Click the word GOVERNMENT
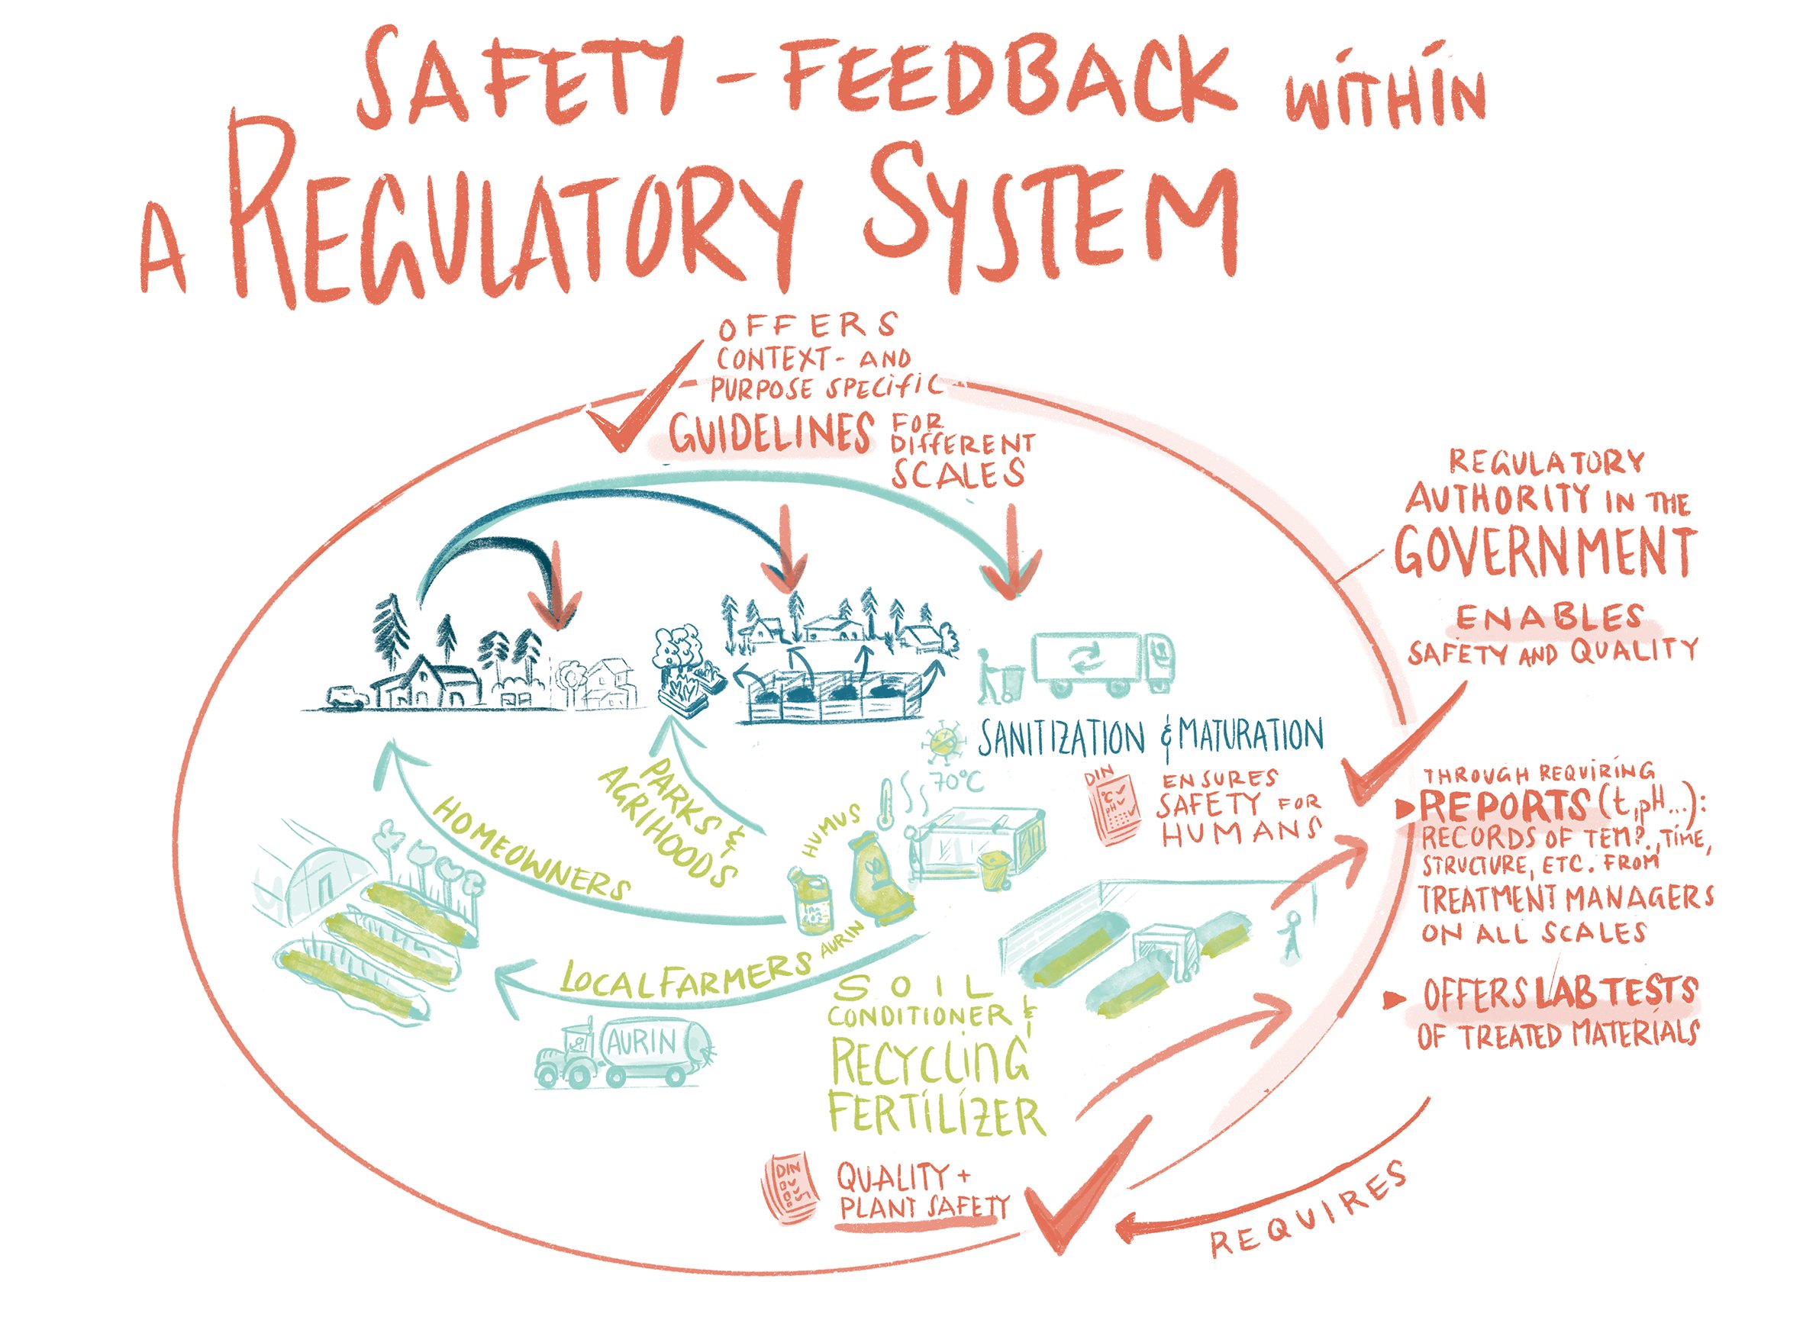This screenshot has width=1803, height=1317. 1543,551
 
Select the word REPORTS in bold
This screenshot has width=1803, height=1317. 1502,807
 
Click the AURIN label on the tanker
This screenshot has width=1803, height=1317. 642,1042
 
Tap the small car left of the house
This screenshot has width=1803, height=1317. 347,697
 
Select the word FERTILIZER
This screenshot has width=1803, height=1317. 936,1116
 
